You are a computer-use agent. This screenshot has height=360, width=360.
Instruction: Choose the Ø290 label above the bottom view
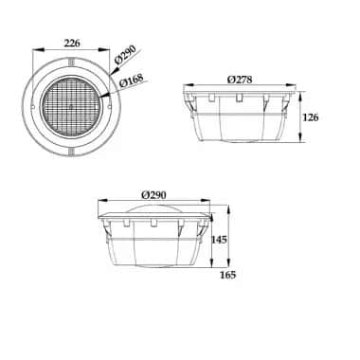153,194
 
